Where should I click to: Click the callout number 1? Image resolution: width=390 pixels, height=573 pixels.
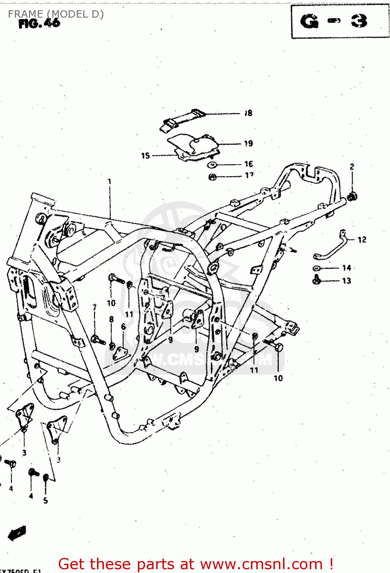110,181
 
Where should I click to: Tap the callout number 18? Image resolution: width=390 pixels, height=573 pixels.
248,113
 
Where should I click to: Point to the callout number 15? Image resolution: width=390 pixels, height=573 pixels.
146,155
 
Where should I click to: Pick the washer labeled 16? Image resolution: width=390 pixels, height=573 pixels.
212,165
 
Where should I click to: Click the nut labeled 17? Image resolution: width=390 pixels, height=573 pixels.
213,177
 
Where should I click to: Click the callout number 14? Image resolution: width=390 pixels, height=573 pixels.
346,268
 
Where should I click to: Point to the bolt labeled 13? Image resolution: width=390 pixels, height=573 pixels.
317,281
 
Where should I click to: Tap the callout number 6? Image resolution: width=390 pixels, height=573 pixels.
123,327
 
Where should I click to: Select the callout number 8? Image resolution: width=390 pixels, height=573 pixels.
111,319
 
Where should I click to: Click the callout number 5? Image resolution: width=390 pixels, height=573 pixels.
45,501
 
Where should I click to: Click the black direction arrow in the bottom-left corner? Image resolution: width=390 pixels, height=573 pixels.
17,533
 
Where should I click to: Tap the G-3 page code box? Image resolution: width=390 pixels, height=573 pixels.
340,22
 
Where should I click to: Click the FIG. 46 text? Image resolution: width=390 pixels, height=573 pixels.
39,24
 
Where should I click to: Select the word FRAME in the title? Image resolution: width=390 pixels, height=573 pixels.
25,14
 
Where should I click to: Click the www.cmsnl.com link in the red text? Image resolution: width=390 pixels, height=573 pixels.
261,564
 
